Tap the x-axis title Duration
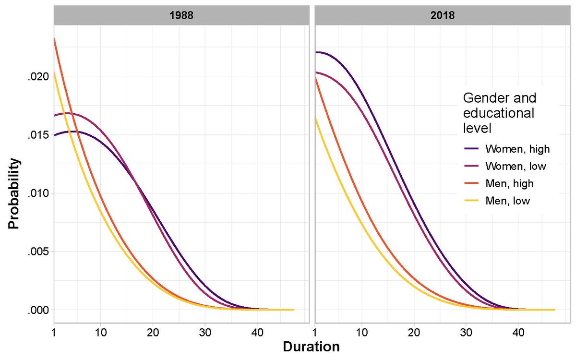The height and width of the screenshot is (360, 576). point(311,347)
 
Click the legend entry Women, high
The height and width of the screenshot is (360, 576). point(517,148)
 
